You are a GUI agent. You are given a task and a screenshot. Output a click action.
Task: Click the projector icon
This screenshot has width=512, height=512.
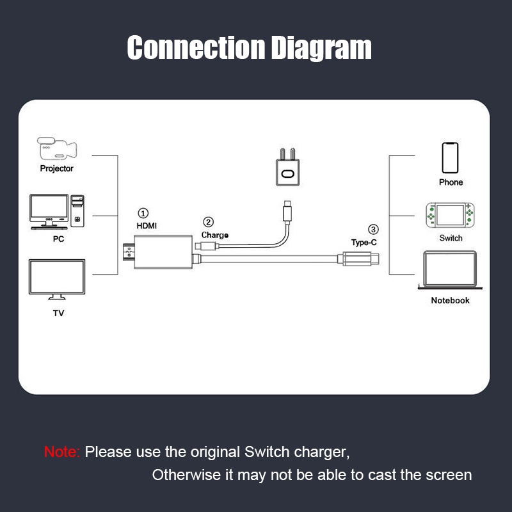click(x=56, y=149)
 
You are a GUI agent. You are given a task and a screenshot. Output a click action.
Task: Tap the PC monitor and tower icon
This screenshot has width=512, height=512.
click(x=57, y=211)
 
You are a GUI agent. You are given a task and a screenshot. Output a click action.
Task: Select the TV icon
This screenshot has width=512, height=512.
click(x=57, y=279)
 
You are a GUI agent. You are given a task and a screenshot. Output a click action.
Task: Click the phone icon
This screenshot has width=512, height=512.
click(x=451, y=157)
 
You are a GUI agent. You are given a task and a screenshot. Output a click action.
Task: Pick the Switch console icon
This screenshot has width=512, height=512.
click(x=451, y=216)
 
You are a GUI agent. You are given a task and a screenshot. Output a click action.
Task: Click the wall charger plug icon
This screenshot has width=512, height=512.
click(x=287, y=167)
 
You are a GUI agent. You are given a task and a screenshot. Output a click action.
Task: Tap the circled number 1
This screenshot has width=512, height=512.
click(x=143, y=213)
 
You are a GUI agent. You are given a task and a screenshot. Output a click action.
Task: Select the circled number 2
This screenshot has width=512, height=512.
click(x=208, y=223)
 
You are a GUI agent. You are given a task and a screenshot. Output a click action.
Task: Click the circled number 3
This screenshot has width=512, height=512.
click(x=374, y=230)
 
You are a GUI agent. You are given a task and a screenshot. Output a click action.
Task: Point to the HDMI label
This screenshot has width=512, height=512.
click(x=147, y=226)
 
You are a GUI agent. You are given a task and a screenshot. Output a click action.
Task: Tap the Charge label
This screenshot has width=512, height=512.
click(x=215, y=236)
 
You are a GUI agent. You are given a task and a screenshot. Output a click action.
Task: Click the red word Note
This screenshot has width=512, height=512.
click(x=61, y=452)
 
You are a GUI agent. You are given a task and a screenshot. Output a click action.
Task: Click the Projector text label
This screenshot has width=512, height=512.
click(x=57, y=169)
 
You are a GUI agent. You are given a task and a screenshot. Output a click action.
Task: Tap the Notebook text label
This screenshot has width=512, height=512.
click(x=450, y=300)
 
